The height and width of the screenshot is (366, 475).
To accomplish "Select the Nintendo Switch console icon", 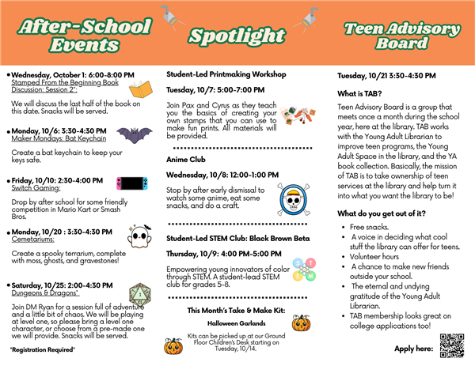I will point(131,184).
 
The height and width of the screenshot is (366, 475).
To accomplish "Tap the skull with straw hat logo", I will point(293,198).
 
